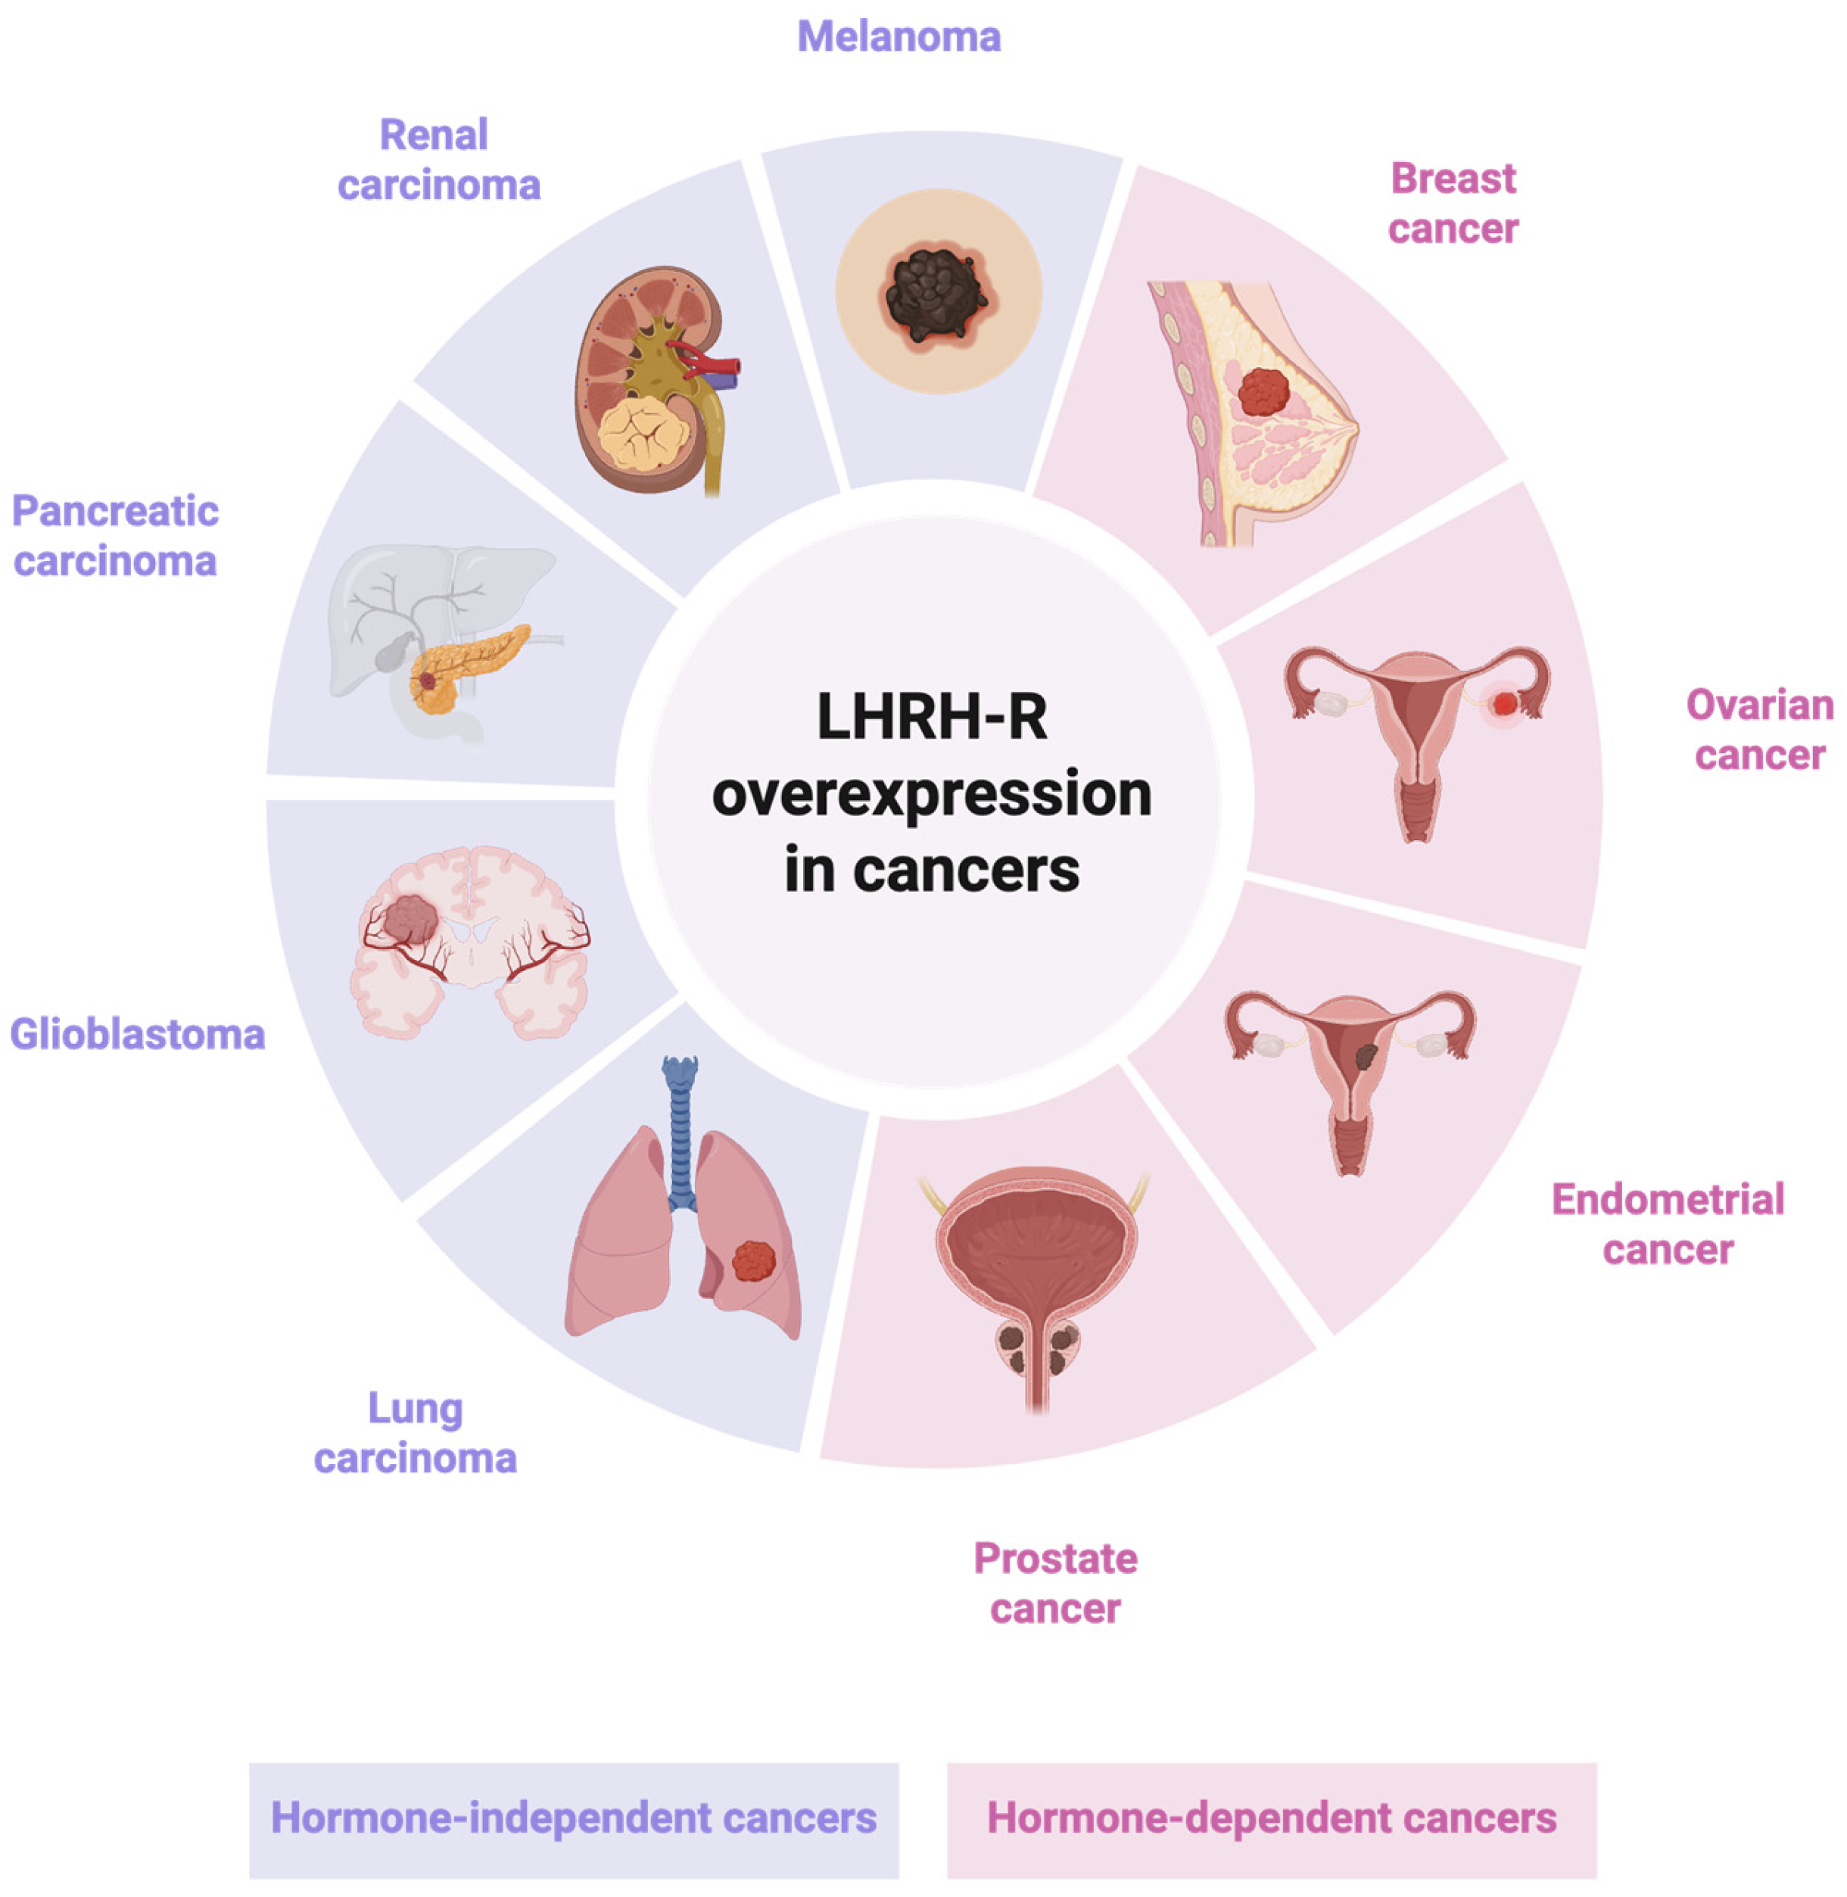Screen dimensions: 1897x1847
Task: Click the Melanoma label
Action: point(899,37)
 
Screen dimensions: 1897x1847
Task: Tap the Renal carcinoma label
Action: point(438,160)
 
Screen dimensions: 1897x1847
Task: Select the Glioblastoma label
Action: point(138,1035)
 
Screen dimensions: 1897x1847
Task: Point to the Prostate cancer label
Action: point(1055,1584)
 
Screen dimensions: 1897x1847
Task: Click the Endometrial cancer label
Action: point(1668,1224)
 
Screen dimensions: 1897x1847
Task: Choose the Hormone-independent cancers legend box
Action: point(573,1818)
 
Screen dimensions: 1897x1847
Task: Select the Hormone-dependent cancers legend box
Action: point(1271,1818)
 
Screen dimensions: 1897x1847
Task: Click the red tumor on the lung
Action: point(754,1262)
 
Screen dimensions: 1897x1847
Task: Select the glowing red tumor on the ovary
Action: point(1503,704)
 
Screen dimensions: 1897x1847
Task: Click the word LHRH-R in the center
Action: point(931,718)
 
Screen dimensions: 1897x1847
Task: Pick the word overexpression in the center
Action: point(931,794)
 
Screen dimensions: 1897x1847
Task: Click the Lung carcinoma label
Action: point(415,1434)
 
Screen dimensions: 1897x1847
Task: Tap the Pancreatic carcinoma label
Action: point(115,536)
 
